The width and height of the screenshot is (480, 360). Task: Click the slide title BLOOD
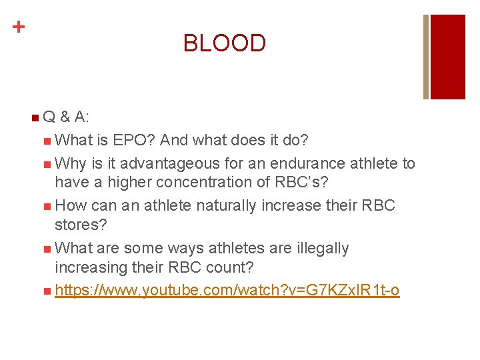tap(225, 43)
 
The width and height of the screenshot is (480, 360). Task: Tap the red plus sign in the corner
tap(19, 27)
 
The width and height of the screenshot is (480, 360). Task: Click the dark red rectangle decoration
tap(448, 57)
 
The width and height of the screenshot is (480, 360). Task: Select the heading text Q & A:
tap(67, 118)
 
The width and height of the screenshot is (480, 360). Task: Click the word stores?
tap(81, 224)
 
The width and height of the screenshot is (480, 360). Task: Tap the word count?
tap(238, 268)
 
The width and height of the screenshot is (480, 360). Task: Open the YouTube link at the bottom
tap(227, 291)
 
